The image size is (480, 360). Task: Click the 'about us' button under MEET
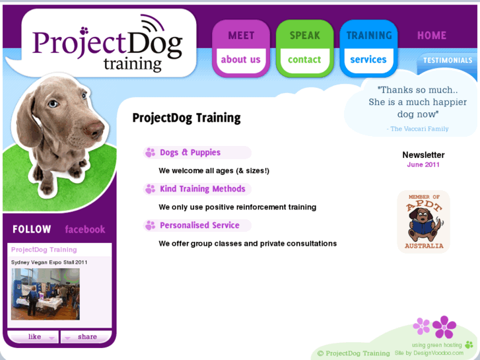pyautogui.click(x=240, y=59)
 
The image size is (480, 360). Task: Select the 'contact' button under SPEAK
pyautogui.click(x=304, y=59)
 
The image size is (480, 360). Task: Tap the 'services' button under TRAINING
pyautogui.click(x=368, y=59)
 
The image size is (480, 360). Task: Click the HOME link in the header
pyautogui.click(x=432, y=36)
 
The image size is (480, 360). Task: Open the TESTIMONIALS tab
pyautogui.click(x=448, y=60)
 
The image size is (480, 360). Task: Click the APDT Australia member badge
pyautogui.click(x=423, y=222)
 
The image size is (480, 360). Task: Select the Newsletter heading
pyautogui.click(x=423, y=155)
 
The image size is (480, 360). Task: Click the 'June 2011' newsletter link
pyautogui.click(x=423, y=164)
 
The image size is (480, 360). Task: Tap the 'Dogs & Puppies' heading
pyautogui.click(x=190, y=153)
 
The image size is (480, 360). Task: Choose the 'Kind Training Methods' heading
pyautogui.click(x=202, y=189)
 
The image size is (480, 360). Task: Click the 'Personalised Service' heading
pyautogui.click(x=199, y=225)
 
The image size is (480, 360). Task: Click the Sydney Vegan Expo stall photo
pyautogui.click(x=45, y=294)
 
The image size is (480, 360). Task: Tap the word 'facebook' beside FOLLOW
pyautogui.click(x=85, y=230)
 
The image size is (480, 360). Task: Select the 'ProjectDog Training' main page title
pyautogui.click(x=186, y=118)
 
